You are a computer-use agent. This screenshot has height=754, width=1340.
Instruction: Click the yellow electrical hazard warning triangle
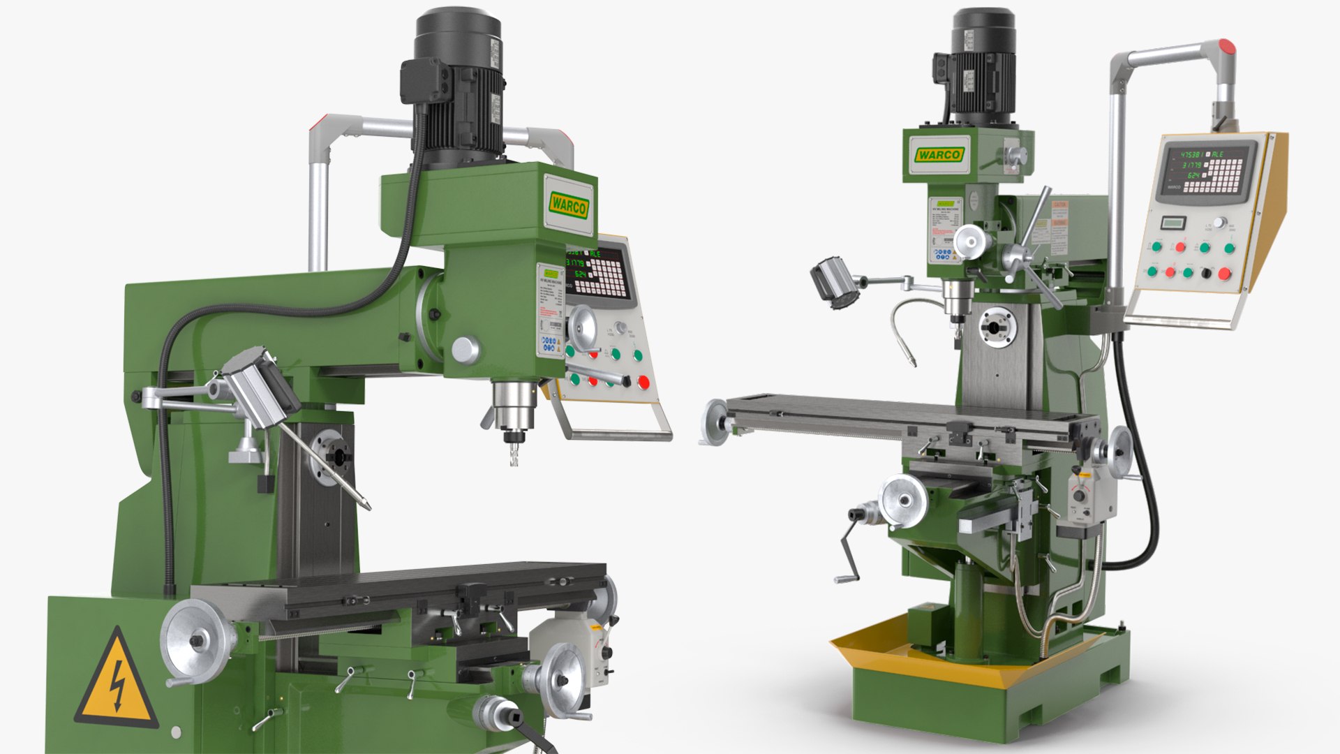click(117, 680)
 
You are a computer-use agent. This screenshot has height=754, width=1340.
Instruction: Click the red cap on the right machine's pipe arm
click(1226, 47)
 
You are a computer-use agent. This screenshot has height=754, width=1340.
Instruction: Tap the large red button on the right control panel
click(1224, 274)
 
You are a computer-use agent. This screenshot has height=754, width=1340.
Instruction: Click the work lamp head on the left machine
click(260, 388)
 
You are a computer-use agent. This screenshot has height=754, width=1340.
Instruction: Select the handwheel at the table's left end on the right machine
click(713, 421)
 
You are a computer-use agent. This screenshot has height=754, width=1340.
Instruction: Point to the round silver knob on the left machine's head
click(465, 349)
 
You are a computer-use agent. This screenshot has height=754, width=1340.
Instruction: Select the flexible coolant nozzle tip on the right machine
click(911, 362)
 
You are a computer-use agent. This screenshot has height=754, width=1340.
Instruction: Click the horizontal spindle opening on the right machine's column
click(997, 326)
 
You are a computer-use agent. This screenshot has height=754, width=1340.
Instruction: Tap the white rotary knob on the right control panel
click(1219, 223)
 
